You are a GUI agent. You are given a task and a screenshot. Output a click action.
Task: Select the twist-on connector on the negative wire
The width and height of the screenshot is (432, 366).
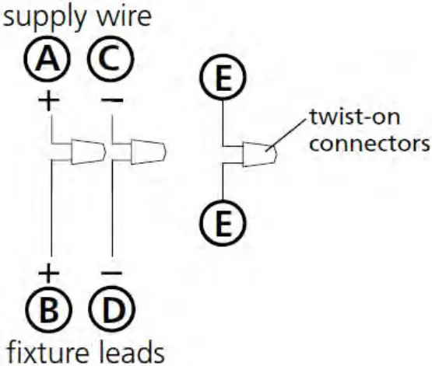coord(147,151)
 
